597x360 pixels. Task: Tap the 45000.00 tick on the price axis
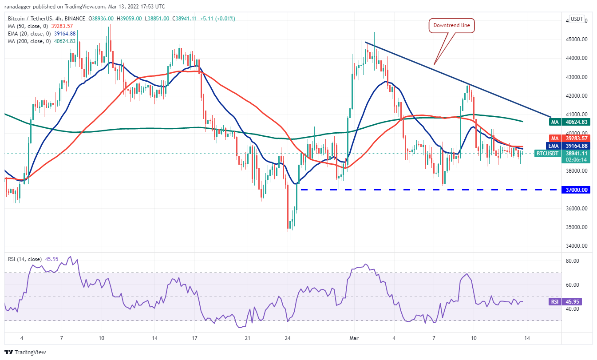pyautogui.click(x=575, y=40)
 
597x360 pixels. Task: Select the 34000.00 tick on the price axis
pyautogui.click(x=575, y=246)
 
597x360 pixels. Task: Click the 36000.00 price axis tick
pyautogui.click(x=575, y=209)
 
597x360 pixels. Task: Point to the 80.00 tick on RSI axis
pyautogui.click(x=572, y=261)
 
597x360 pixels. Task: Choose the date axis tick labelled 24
pyautogui.click(x=288, y=338)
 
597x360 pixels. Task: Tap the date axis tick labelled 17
pyautogui.click(x=195, y=338)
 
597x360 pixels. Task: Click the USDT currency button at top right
pyautogui.click(x=577, y=19)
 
